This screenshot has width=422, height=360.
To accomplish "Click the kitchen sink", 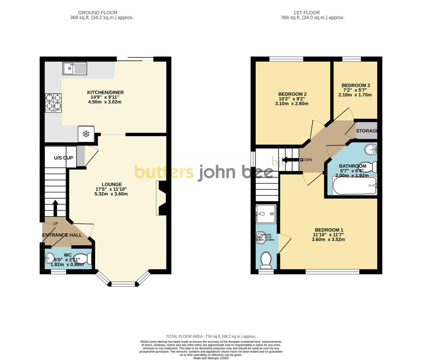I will pyautogui.click(x=75, y=68).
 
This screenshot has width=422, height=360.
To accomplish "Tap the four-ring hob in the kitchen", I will pyautogui.click(x=53, y=103).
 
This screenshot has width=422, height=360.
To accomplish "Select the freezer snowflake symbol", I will pyautogui.click(x=86, y=134).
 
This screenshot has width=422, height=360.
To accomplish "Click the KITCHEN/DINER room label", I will pyautogui.click(x=105, y=92).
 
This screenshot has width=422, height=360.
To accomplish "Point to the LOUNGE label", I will pyautogui.click(x=111, y=184).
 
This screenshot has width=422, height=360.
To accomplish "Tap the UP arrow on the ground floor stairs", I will pyautogui.click(x=55, y=208).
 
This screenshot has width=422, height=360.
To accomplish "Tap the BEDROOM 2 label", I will pyautogui.click(x=292, y=94).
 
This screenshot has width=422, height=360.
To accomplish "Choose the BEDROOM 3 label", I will pyautogui.click(x=356, y=85).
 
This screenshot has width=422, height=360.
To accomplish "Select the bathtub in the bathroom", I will pyautogui.click(x=354, y=185).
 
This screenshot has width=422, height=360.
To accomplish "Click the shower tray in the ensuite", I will pyautogui.click(x=266, y=213).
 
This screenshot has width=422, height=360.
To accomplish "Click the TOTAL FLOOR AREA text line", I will pyautogui.click(x=211, y=336).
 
